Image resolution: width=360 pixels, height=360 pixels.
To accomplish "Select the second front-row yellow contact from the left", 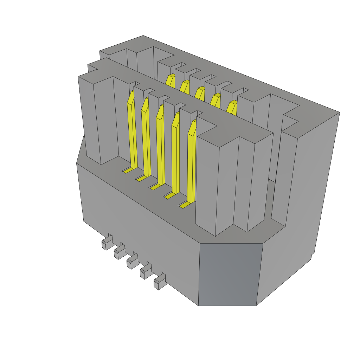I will click(146, 141).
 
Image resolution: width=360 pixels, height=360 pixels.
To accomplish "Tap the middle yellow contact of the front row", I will click(161, 148).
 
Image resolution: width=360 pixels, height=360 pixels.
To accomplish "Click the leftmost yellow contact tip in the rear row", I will click(171, 81).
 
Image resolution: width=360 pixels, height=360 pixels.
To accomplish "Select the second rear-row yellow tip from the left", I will click(185, 86).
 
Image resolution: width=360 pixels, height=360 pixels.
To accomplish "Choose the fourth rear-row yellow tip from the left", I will click(216, 100).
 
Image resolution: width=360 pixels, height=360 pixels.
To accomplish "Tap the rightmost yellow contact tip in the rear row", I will click(232, 107).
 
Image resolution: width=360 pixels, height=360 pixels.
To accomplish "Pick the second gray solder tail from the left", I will click(119, 252).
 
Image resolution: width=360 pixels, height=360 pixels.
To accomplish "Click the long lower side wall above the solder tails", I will click(141, 229).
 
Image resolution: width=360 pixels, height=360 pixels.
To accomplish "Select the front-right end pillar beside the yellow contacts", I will click(229, 183).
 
